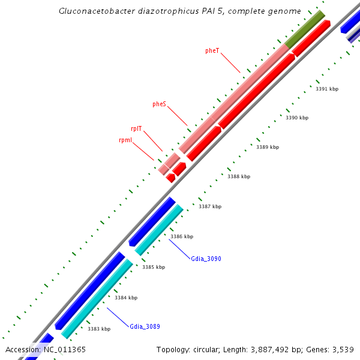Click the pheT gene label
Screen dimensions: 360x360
pos(212,51)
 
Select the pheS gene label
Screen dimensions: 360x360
pos(159,104)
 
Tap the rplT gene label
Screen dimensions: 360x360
pos(136,128)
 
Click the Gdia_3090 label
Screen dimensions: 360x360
pos(206,259)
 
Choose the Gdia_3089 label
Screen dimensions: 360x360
pos(145,327)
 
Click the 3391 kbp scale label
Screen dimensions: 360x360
pos(327,89)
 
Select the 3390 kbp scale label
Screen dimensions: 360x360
pos(296,118)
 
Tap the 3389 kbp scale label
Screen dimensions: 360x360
pos(268,147)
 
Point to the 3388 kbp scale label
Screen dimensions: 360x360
pos(239,176)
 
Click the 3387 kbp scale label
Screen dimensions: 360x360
pos(210,206)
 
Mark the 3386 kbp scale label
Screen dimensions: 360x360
pos(182,236)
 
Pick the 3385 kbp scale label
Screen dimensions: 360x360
pos(154,267)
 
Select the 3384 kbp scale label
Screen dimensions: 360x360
pos(126,298)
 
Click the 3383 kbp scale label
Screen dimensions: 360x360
pos(99,329)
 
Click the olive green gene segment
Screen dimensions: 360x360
pos(305,29)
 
